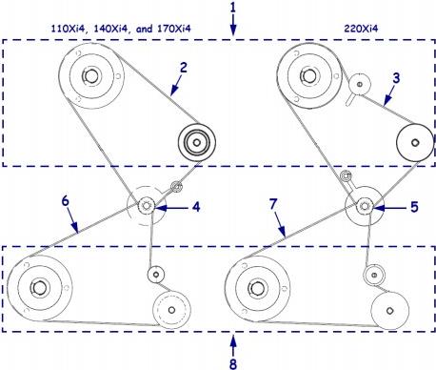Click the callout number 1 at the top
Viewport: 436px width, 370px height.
point(233,8)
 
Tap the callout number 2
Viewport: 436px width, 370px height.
point(184,68)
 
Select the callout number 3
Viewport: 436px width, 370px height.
point(396,78)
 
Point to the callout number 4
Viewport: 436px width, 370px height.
point(196,207)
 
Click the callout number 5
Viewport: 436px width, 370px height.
point(414,207)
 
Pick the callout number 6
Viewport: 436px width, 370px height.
point(65,201)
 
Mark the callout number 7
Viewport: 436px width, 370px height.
point(273,204)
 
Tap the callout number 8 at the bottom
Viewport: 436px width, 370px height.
point(233,363)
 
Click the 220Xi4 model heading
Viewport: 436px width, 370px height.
point(361,29)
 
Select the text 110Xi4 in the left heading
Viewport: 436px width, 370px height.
point(68,29)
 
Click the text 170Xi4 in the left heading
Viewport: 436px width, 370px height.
point(174,29)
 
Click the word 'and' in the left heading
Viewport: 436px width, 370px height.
point(144,29)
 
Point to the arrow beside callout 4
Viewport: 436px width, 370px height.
point(171,208)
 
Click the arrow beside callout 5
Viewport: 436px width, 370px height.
point(390,209)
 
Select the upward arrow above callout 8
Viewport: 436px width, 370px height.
point(233,346)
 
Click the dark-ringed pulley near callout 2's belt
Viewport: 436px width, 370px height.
point(197,142)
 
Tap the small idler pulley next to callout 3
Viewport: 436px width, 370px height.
point(360,84)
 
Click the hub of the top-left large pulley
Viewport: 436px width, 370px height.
point(90,75)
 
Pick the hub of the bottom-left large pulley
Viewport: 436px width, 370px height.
point(39,288)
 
